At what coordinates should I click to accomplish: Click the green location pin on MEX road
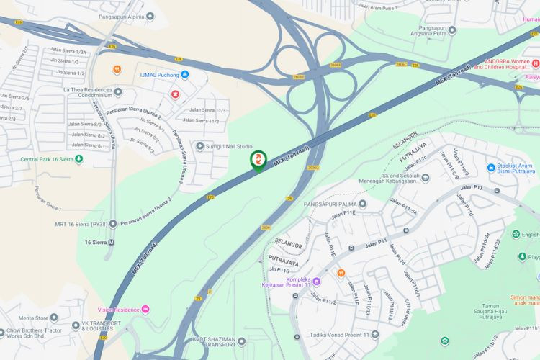click(258, 161)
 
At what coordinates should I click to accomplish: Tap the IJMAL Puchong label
click(158, 74)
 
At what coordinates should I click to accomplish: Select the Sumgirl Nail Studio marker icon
click(200, 146)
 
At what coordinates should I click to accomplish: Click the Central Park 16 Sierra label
click(46, 159)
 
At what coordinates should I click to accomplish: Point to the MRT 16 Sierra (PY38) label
click(86, 224)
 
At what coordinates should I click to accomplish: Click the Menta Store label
click(33, 318)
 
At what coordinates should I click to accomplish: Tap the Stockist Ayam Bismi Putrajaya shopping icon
click(491, 167)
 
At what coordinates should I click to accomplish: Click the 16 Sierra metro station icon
click(111, 242)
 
